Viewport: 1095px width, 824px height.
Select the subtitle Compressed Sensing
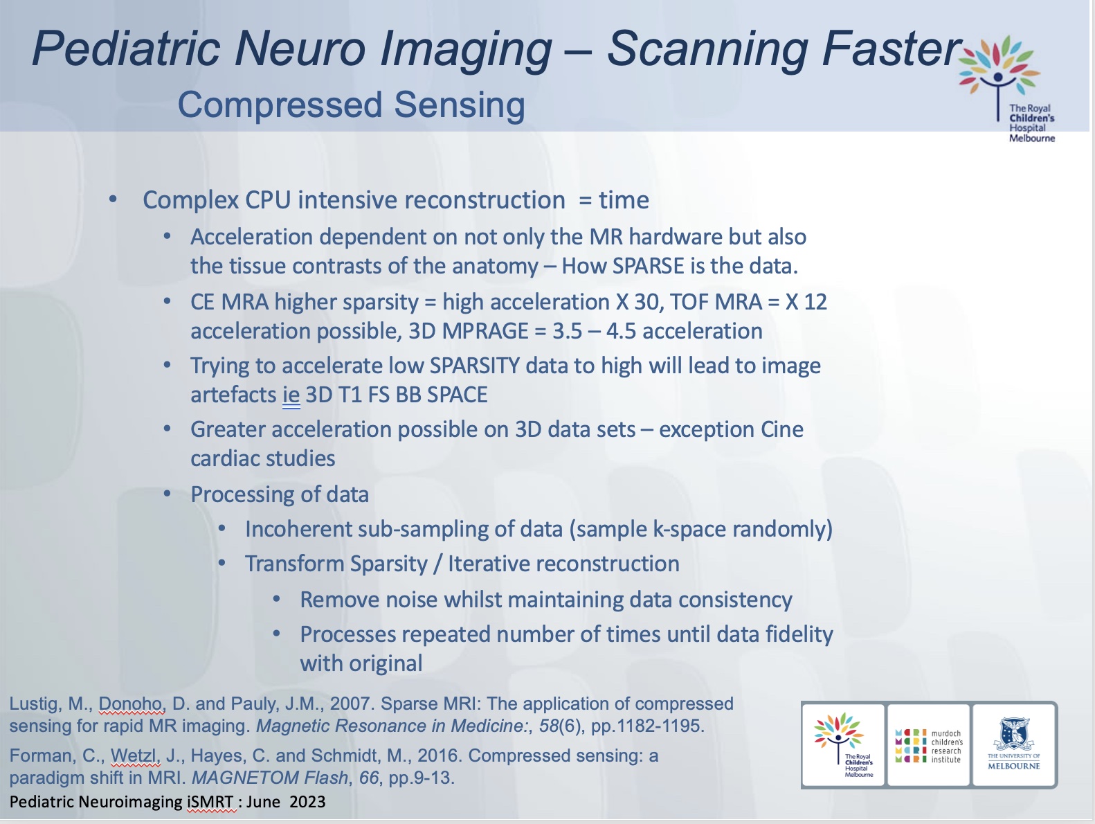click(351, 105)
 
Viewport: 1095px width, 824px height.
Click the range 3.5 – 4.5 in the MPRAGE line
click(594, 331)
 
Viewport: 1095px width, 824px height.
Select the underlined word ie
click(291, 395)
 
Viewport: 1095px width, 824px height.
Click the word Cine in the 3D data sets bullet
click(781, 429)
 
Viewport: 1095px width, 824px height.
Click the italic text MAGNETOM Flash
click(270, 778)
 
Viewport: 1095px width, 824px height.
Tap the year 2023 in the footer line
click(307, 802)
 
